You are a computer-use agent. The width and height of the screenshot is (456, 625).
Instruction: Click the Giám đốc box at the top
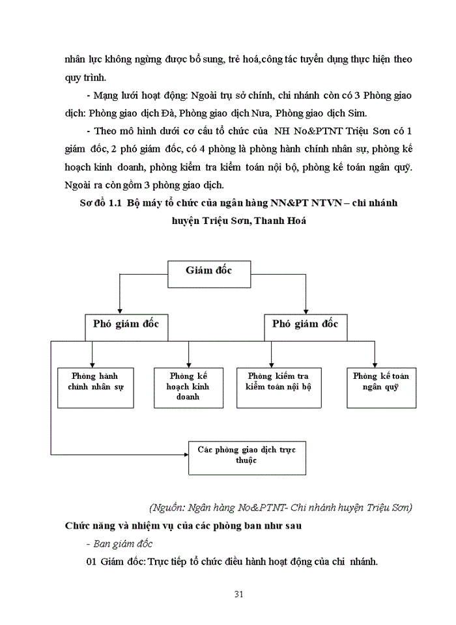[208, 272]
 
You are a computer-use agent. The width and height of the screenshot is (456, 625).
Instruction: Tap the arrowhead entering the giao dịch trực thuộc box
[184, 453]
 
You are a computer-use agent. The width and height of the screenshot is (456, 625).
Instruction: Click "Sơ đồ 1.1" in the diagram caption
[101, 203]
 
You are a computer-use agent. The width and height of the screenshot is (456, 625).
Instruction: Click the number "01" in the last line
[91, 561]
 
